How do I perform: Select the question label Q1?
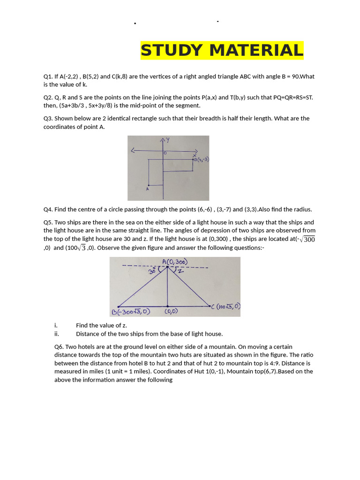click(x=48, y=76)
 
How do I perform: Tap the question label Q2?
click(x=48, y=97)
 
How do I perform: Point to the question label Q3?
click(x=48, y=119)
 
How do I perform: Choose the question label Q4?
click(x=48, y=210)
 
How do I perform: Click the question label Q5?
click(x=48, y=222)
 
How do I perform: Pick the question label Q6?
click(x=59, y=346)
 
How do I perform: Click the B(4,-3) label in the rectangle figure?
click(x=201, y=159)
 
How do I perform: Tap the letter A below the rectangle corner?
click(x=148, y=188)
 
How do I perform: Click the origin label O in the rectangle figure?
click(x=165, y=153)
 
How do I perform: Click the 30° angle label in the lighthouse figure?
click(x=152, y=270)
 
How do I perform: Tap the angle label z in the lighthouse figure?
click(x=180, y=271)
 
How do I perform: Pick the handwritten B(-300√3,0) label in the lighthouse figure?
click(x=131, y=312)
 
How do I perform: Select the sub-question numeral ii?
click(x=56, y=334)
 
